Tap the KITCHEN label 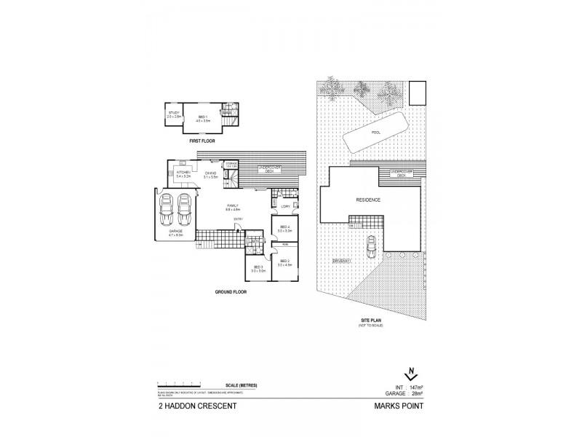point(183,174)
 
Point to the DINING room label point(211,174)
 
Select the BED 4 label point(284,229)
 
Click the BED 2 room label point(284,263)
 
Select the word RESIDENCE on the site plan point(369,199)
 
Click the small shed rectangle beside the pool point(417,93)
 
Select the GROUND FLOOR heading point(231,291)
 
